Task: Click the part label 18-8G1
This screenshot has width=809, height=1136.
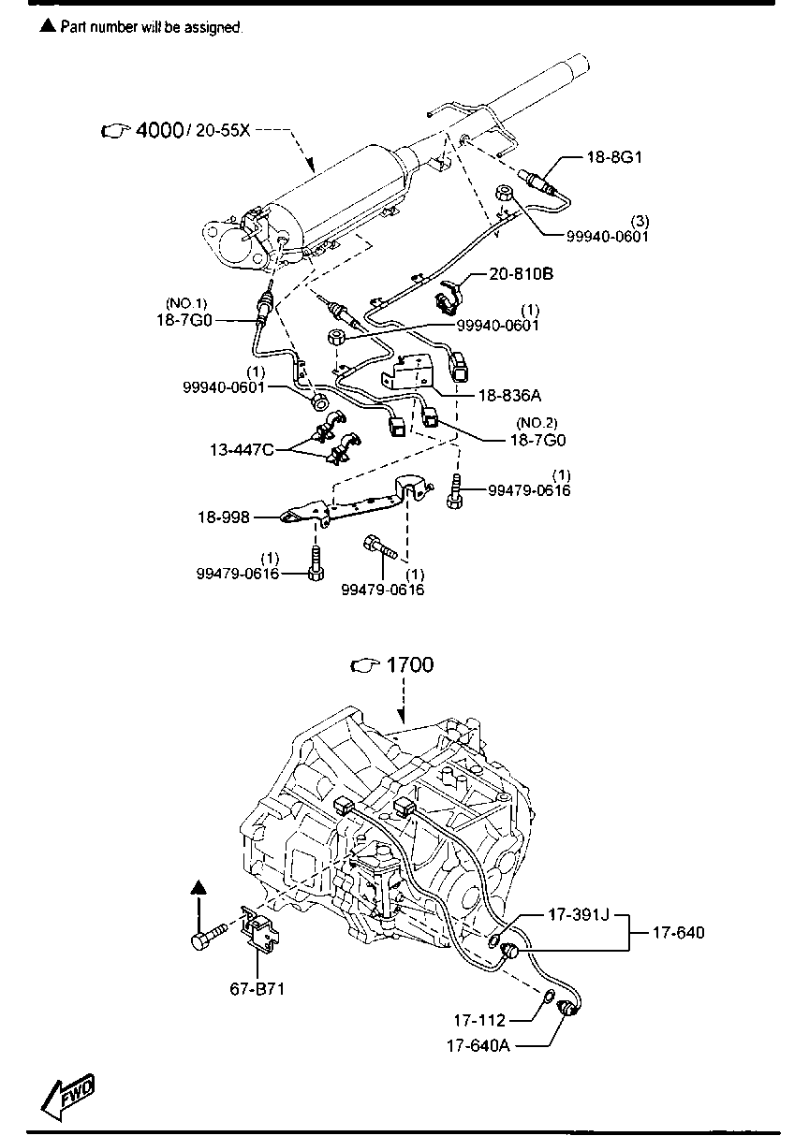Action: pos(614,157)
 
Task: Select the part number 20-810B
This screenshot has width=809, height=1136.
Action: pos(522,274)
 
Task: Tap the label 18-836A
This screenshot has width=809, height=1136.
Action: pos(510,395)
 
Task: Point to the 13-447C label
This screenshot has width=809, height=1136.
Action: pos(242,450)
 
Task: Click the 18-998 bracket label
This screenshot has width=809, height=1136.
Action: pos(223,517)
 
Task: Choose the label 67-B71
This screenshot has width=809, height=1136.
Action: pos(257,988)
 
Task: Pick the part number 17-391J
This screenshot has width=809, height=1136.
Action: pos(578,915)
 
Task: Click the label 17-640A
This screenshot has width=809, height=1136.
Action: pos(478,1045)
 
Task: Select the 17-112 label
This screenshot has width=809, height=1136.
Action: pos(479,1020)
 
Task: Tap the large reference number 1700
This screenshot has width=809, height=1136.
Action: pos(410,665)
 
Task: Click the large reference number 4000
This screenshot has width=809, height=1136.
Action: pos(159,130)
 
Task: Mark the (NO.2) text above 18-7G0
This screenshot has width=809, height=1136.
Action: pos(537,423)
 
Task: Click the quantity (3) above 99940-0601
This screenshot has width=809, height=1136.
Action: pos(640,221)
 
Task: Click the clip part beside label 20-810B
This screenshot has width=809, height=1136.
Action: pos(450,296)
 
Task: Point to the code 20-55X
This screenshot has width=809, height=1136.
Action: pos(223,131)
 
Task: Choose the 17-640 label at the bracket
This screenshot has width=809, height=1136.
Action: pos(678,933)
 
